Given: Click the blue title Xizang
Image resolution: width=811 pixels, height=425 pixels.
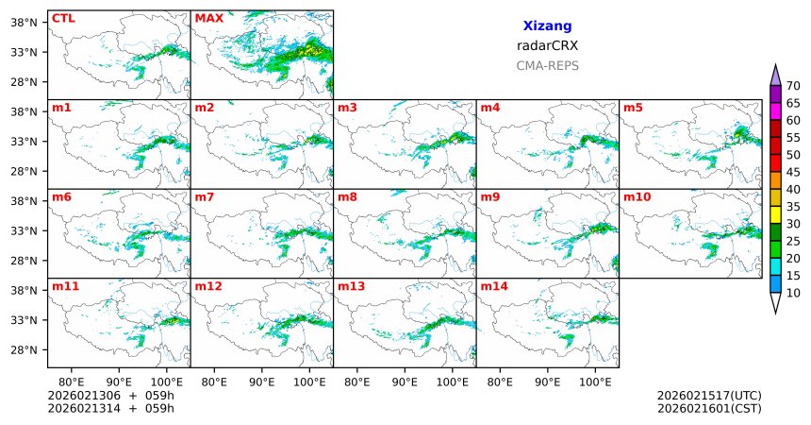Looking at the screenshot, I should (547, 26).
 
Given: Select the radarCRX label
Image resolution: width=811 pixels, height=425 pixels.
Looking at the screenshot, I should (547, 45).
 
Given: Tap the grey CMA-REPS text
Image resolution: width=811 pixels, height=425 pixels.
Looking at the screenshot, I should (547, 65).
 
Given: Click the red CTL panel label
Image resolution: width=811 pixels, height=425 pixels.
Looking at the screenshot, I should (63, 18).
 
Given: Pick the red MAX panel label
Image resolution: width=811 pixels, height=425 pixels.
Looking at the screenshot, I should (208, 18).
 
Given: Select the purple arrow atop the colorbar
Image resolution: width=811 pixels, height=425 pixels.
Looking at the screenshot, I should (776, 76).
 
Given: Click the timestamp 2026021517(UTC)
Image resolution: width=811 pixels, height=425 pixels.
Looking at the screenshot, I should (709, 395).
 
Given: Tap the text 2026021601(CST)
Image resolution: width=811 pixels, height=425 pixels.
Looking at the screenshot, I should (709, 408).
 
